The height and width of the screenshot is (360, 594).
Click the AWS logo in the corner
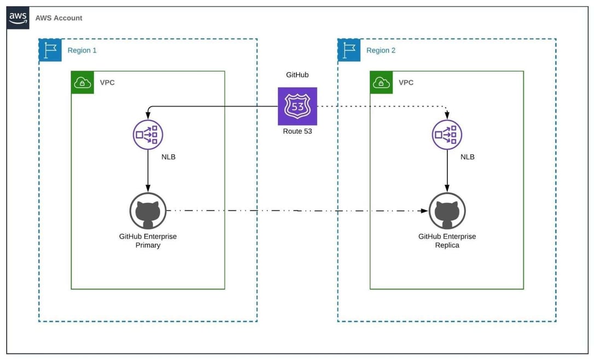tap(18, 18)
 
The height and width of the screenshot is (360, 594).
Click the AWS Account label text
tap(59, 18)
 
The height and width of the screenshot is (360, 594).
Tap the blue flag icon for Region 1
tap(50, 50)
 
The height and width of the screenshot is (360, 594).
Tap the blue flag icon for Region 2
tap(349, 50)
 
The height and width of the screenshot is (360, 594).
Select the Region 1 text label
tap(82, 50)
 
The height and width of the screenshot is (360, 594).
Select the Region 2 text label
tap(381, 50)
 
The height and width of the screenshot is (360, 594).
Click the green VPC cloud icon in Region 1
tap(83, 83)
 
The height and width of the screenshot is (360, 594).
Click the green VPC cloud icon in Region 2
tap(381, 83)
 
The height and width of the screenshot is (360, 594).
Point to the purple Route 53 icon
tap(297, 106)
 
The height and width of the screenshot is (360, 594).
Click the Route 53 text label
tap(297, 131)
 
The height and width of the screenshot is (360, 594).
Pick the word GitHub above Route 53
tap(297, 74)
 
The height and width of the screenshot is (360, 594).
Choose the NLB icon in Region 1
tap(148, 134)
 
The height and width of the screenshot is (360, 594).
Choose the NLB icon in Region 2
tap(447, 134)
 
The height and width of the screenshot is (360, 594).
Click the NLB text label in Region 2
tap(467, 157)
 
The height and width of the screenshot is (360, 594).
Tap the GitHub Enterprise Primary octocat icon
tap(148, 211)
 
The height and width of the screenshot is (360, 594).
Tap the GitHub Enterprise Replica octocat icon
tap(447, 211)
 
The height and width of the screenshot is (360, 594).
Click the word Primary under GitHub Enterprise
tap(148, 246)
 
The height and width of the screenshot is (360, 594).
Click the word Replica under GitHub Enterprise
tap(447, 246)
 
